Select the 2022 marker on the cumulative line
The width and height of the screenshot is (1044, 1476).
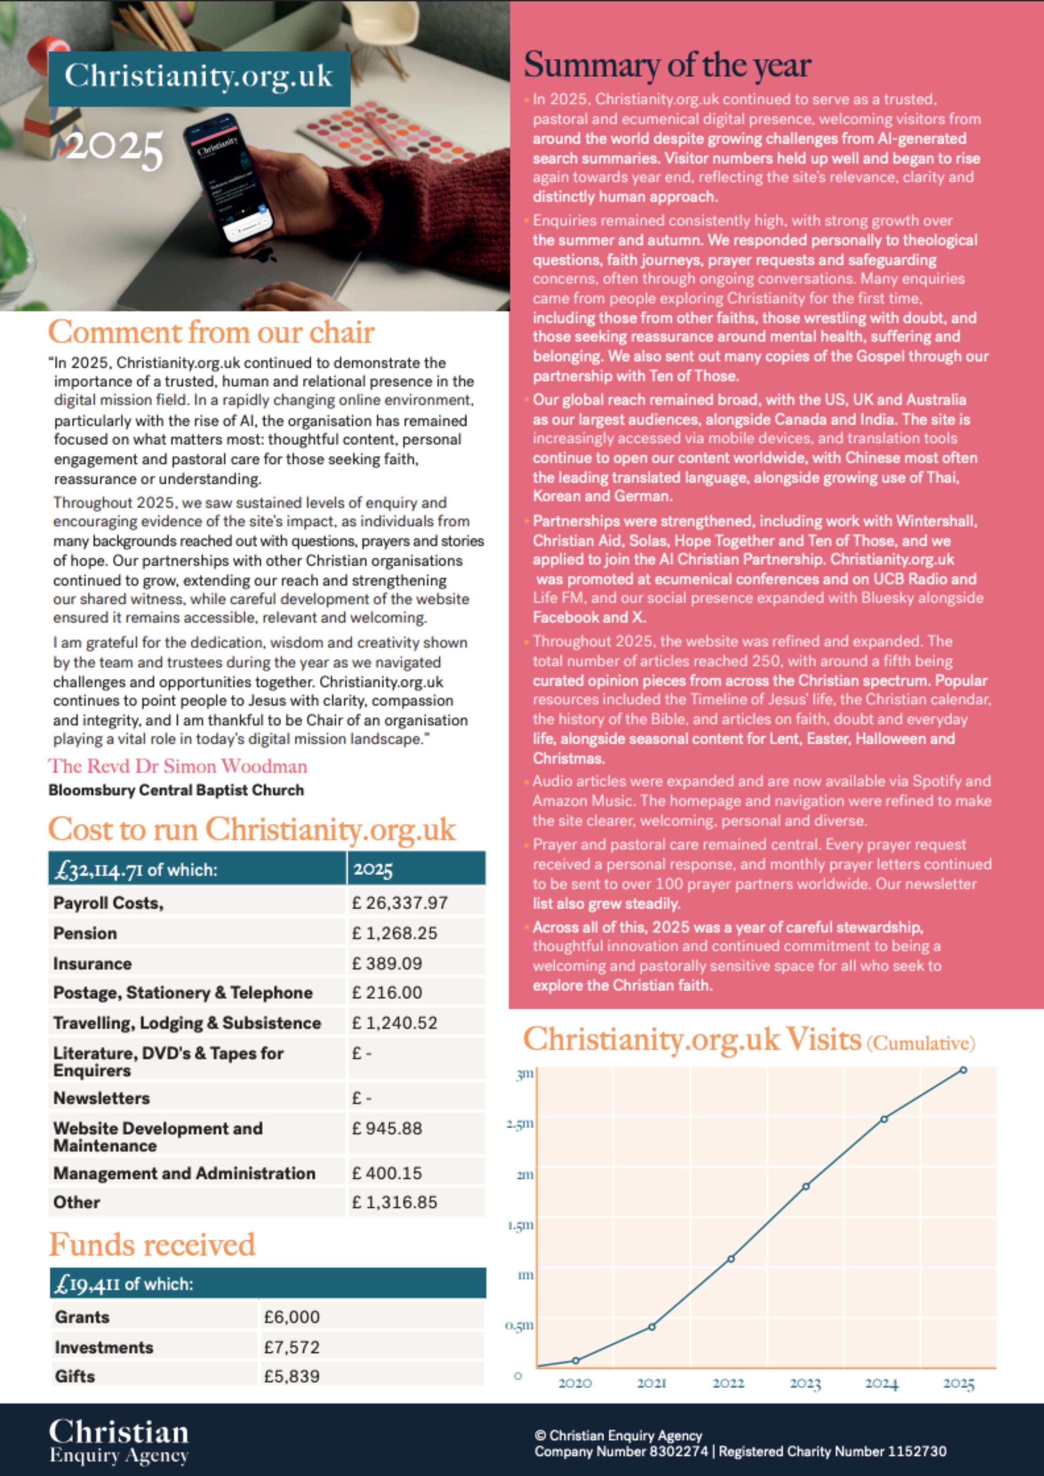[x=731, y=1259]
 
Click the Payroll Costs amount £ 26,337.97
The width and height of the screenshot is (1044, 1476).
[x=400, y=903]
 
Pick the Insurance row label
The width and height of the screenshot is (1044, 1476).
[x=93, y=963]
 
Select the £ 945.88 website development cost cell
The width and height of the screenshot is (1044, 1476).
[x=387, y=1128]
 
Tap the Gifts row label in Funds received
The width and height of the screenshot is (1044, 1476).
[x=75, y=1376]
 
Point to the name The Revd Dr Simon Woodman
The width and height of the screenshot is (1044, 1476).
[x=177, y=766]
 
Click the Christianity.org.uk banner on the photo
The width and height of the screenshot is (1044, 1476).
[x=199, y=77]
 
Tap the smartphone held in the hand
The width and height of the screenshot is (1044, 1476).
[x=230, y=180]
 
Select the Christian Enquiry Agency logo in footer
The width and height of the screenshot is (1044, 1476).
[x=119, y=1441]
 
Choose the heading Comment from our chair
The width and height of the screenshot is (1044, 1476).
[x=211, y=333]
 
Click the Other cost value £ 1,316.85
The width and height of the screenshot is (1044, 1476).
[x=395, y=1202]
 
